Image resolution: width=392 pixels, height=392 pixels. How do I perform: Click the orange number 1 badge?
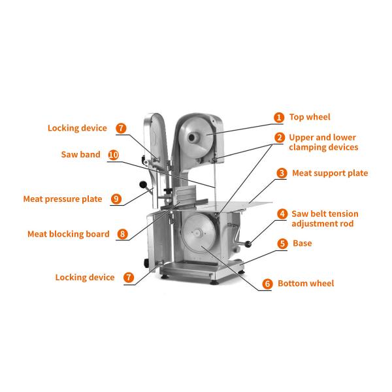pos(279,118)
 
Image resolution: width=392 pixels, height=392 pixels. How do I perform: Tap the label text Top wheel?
pos(310,118)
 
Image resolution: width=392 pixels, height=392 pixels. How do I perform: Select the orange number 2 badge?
pos(279,138)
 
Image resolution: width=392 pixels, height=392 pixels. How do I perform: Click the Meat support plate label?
pos(329,173)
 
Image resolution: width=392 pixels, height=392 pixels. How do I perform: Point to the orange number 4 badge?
pos(282,214)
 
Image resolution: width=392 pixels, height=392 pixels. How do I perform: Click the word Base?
pos(302,243)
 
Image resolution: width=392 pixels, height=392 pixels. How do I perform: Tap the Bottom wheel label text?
pos(306,284)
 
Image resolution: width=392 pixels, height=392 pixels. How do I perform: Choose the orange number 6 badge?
pos(267,284)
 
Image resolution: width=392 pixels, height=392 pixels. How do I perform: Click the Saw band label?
pos(81,155)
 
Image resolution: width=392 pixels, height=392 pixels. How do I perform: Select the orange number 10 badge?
pos(113,155)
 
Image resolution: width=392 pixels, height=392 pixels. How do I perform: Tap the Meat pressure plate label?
pos(63,199)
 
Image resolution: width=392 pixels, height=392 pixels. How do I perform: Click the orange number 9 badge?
pos(116,199)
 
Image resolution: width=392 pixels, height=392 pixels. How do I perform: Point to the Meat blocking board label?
pos(69,234)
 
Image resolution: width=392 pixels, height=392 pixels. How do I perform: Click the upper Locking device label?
pos(77,128)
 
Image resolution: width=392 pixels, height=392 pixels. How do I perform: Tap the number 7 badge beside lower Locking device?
pos(129,278)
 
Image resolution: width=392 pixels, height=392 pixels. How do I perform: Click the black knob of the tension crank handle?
pos(249,246)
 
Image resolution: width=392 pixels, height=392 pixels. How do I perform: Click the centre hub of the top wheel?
pos(193,137)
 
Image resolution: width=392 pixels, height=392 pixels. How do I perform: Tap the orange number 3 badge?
pos(282,173)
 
